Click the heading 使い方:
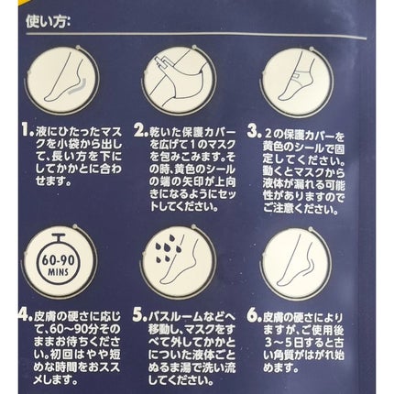[x=48, y=21]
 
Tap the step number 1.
[x=27, y=131]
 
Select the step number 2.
[x=141, y=131]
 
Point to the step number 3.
[x=254, y=132]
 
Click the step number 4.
[x=26, y=315]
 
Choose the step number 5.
[x=140, y=315]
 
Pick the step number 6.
[x=255, y=316]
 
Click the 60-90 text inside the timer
[x=58, y=260]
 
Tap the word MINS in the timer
[x=58, y=272]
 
